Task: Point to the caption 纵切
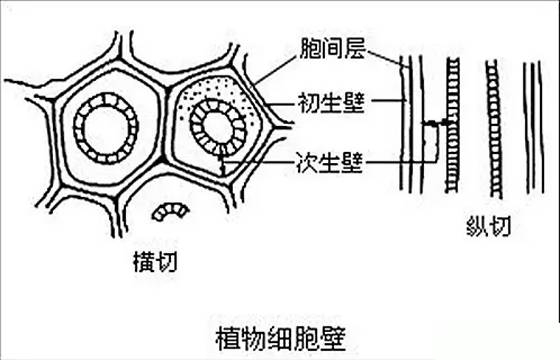pos(489,225)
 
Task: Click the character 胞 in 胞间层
pos(308,48)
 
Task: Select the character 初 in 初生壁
pos(308,102)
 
